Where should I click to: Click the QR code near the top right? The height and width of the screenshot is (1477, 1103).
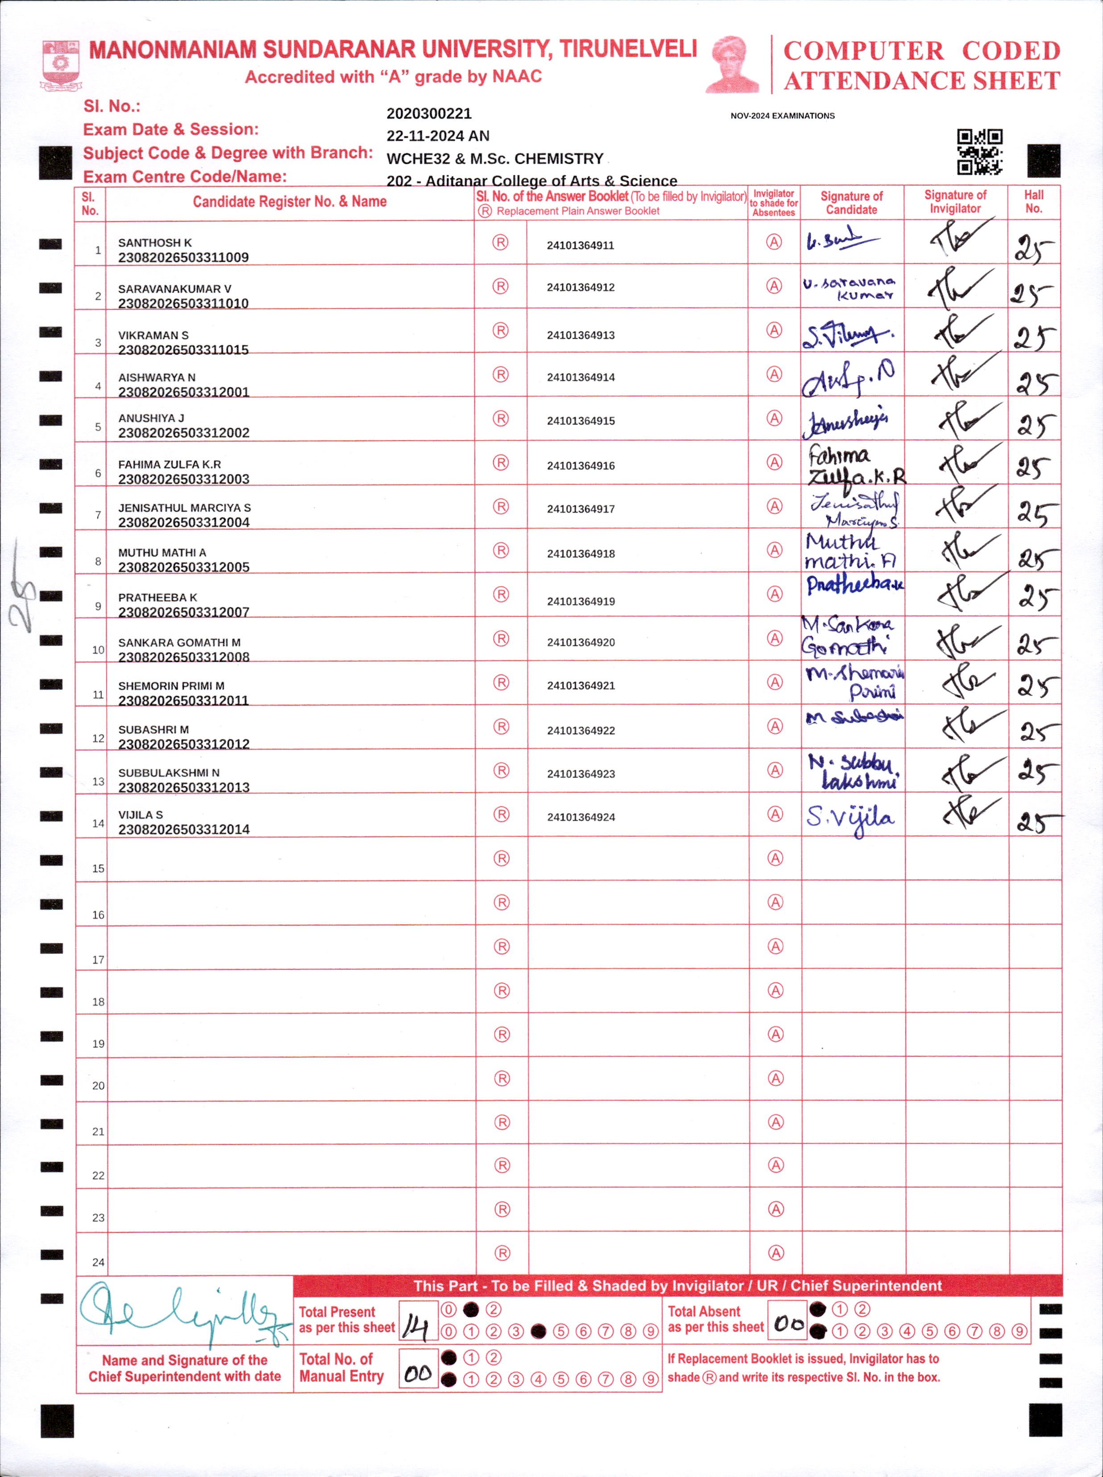pos(979,151)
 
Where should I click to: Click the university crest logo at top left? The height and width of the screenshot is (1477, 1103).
pos(61,65)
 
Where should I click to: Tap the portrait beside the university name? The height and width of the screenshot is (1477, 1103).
pos(733,64)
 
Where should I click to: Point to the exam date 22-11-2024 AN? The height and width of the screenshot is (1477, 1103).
pos(437,136)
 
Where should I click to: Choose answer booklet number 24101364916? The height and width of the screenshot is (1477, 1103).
pos(580,465)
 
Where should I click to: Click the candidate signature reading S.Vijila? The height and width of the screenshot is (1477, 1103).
pos(850,817)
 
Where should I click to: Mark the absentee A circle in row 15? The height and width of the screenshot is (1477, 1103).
pos(775,858)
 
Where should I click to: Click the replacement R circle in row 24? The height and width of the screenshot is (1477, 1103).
pos(502,1253)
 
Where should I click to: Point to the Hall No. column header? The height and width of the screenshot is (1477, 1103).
pos(1033,202)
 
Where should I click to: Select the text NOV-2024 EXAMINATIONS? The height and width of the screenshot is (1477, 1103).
pos(782,116)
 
